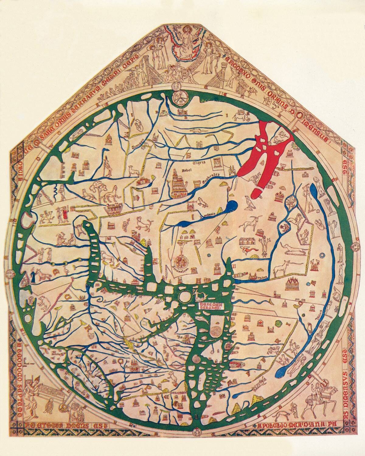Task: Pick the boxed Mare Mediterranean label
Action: [x=211, y=305]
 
